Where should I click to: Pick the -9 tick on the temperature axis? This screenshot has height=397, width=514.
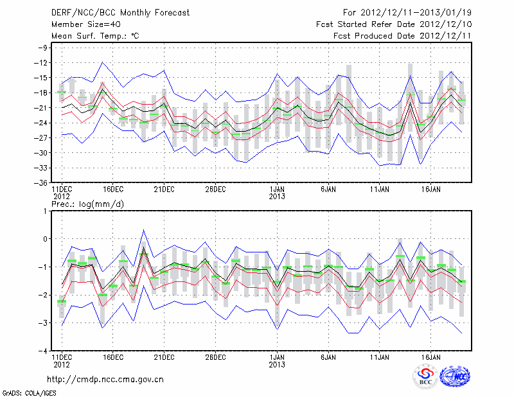pos(44,48)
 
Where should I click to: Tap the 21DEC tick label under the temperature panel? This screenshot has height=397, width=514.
pos(164,190)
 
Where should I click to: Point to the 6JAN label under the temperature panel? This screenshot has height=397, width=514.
pos(328,190)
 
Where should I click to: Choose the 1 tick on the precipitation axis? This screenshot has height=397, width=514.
pos(46,211)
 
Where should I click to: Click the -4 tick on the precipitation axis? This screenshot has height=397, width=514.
pos(44,351)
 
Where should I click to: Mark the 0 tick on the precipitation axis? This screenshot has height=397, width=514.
pos(46,239)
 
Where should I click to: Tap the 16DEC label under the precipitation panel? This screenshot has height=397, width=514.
pos(112,358)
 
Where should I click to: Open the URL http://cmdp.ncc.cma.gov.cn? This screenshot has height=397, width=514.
pos(105,380)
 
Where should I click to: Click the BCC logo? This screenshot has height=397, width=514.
pos(425,376)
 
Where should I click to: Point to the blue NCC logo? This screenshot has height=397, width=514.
pos(454,376)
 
